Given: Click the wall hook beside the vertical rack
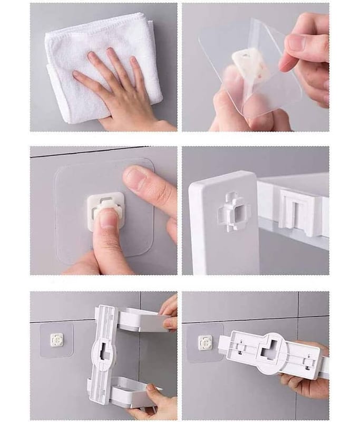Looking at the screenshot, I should pyautogui.click(x=56, y=340).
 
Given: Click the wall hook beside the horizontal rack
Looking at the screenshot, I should pyautogui.click(x=205, y=342).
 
